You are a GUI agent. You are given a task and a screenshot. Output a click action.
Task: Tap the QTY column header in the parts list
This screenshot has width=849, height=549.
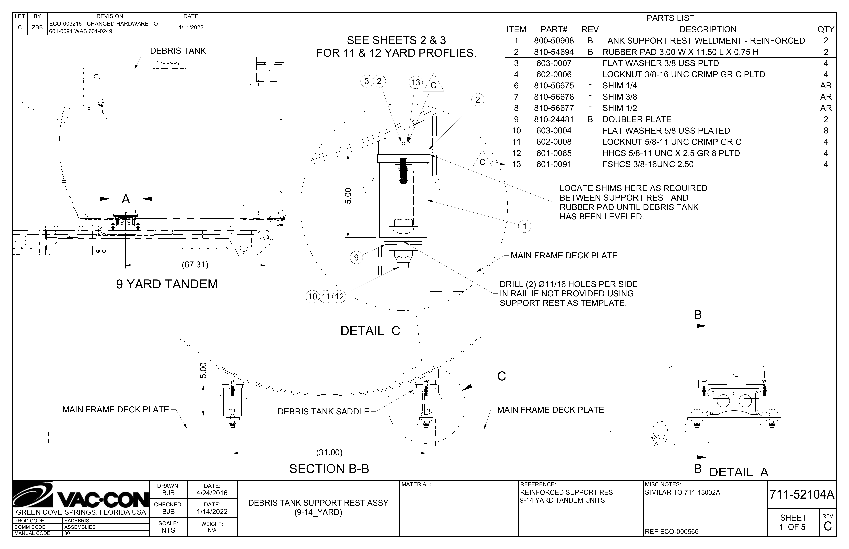826,29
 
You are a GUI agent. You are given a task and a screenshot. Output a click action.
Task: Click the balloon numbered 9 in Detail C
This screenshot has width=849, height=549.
356,257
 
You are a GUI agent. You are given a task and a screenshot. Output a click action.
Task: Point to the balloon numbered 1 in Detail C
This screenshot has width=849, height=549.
524,226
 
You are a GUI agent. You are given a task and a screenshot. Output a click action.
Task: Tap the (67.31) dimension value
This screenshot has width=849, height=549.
195,265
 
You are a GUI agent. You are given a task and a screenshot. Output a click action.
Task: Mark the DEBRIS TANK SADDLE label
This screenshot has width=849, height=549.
323,412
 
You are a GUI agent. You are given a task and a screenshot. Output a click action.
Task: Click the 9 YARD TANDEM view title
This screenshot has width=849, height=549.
167,284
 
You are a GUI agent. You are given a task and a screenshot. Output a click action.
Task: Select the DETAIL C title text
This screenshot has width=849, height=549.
370,331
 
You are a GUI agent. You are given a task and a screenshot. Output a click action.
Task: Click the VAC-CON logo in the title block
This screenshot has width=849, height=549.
81,495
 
